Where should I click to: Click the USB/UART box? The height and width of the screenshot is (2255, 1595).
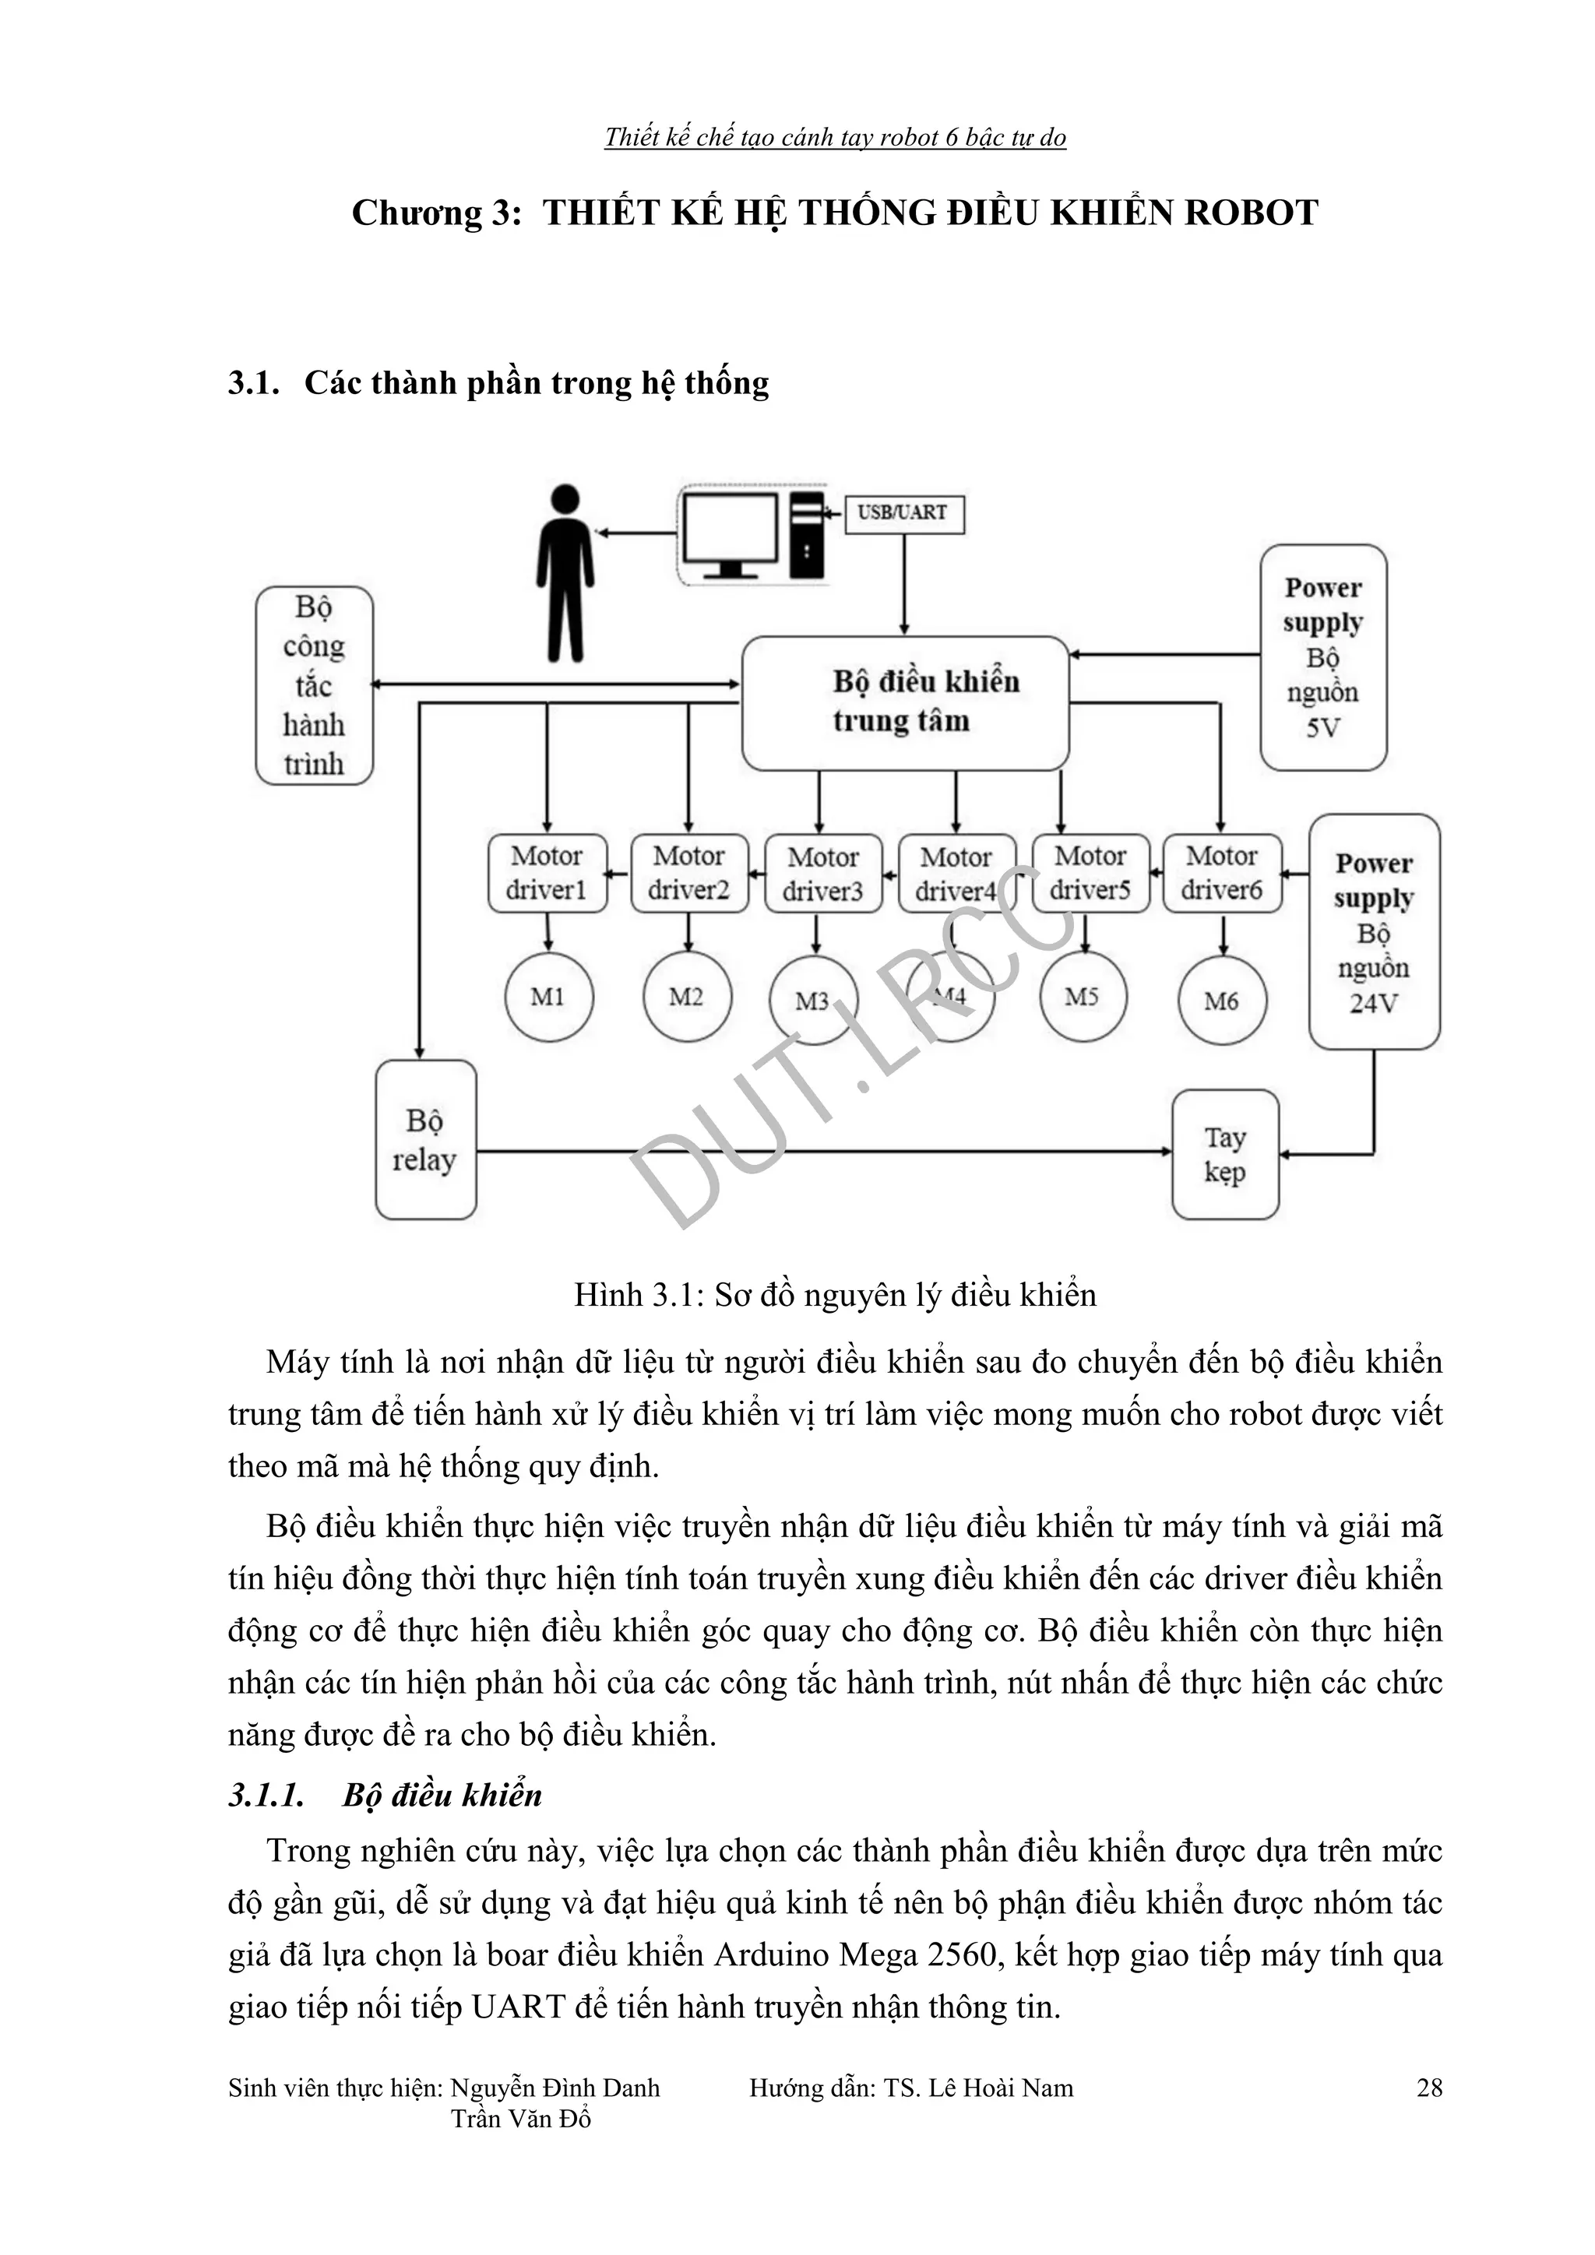point(903,514)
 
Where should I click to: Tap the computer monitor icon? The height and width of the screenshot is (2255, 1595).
point(731,534)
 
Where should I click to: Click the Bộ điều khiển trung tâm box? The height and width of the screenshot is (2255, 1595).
point(904,702)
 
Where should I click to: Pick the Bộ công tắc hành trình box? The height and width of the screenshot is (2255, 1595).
point(315,685)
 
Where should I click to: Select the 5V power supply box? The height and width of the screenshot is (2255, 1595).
point(1323,657)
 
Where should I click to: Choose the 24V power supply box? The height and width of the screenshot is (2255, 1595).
point(1373,931)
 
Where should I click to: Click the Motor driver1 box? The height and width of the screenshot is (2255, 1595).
point(547,872)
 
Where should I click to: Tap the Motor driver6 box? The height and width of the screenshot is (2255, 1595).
point(1222,872)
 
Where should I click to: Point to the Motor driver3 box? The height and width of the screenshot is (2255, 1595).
point(823,873)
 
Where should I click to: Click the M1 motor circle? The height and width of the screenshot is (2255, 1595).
point(548,997)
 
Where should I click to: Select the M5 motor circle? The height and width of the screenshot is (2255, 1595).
point(1083,997)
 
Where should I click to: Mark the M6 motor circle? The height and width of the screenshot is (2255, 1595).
point(1222,1001)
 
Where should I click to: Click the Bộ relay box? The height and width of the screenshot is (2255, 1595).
point(425,1139)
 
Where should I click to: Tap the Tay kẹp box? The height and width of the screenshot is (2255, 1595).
point(1225,1154)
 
